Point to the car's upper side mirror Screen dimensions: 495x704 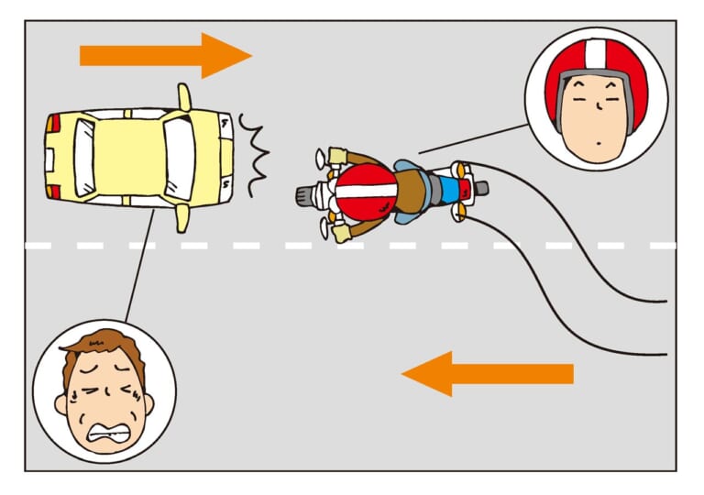pyautogui.click(x=183, y=96)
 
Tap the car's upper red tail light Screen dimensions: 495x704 pyautogui.click(x=54, y=121)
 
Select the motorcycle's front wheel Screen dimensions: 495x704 pyautogui.click(x=306, y=195)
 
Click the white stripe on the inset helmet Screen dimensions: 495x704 pyautogui.click(x=596, y=54)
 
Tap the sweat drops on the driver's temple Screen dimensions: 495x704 pyautogui.click(x=63, y=401)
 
